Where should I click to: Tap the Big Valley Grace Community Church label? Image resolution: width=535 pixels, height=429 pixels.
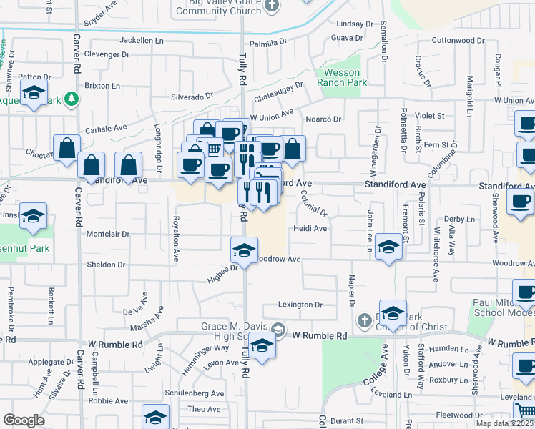point(217,6)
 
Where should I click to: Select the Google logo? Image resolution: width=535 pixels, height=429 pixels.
point(24,420)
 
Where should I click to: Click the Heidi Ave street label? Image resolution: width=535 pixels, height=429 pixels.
point(310,229)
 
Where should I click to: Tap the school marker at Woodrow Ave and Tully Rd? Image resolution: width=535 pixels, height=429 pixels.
point(244,252)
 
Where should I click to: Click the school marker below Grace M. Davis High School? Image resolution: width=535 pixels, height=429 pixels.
point(262,347)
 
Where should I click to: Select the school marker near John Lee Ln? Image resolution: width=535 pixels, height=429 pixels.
point(388,247)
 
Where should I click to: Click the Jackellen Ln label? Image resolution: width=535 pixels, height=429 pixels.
point(142,40)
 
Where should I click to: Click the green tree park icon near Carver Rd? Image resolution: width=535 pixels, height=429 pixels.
point(71,98)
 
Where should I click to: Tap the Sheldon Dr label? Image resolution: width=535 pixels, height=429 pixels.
point(106,265)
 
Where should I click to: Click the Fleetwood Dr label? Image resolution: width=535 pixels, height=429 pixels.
point(458,415)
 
